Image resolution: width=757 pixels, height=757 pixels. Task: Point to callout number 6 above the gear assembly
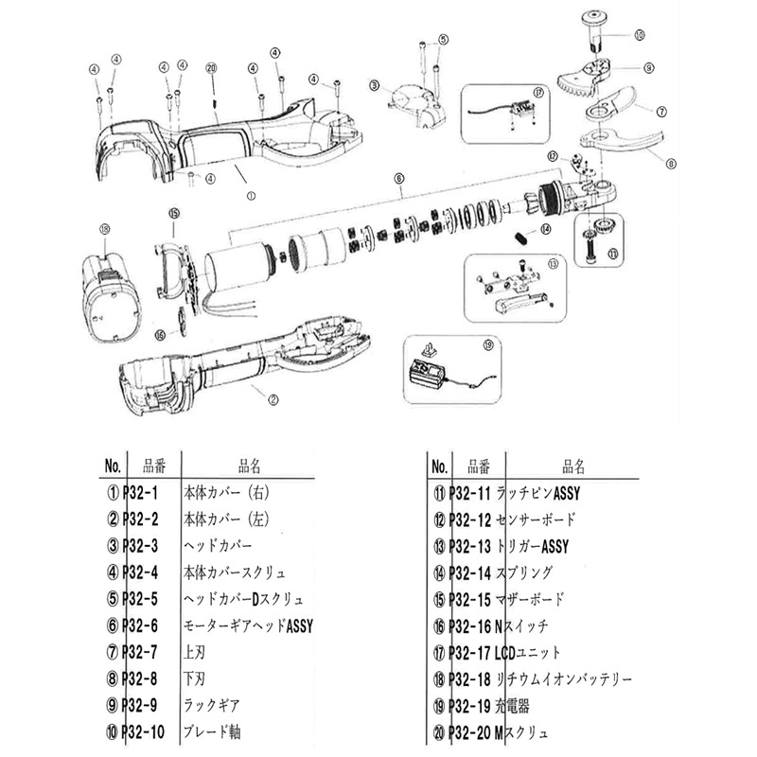399,178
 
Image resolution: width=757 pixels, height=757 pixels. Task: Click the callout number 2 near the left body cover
273,398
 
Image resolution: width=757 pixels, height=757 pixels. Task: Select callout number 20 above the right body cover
211,69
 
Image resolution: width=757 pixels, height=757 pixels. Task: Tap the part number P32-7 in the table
144,650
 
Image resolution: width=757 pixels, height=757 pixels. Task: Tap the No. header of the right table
438,467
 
